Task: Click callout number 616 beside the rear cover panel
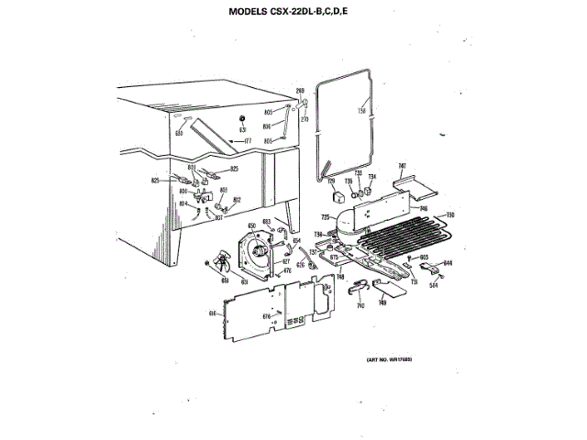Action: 211,313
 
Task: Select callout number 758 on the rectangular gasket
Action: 360,111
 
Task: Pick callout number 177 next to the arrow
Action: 247,141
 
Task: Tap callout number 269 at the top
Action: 299,89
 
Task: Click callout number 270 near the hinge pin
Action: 304,119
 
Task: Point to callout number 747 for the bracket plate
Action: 402,166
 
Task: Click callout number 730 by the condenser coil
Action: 450,214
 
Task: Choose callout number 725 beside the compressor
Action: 325,217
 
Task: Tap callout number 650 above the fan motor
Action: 252,224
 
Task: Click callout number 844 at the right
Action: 448,263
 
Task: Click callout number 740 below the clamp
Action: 360,305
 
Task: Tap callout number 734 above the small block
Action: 372,176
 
